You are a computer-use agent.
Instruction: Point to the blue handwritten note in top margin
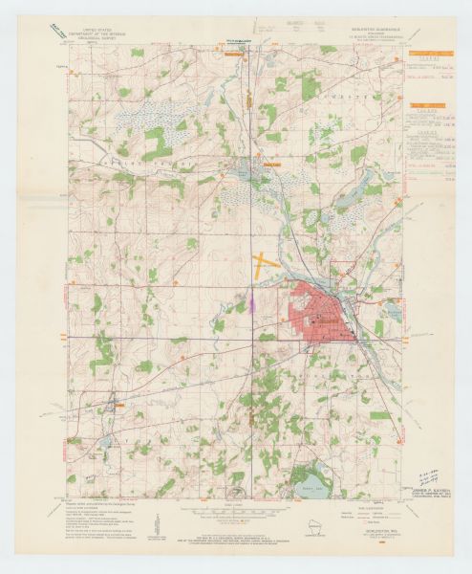tap(237, 41)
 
